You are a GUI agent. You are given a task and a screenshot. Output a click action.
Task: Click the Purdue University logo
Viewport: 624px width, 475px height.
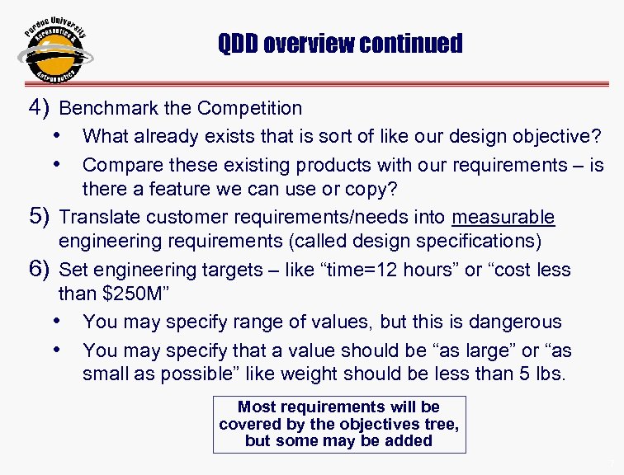(54, 49)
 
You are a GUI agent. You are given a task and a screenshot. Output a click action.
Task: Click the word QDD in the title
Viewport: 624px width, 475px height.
(238, 43)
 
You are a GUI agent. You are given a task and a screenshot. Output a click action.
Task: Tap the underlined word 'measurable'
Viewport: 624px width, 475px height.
(503, 218)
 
